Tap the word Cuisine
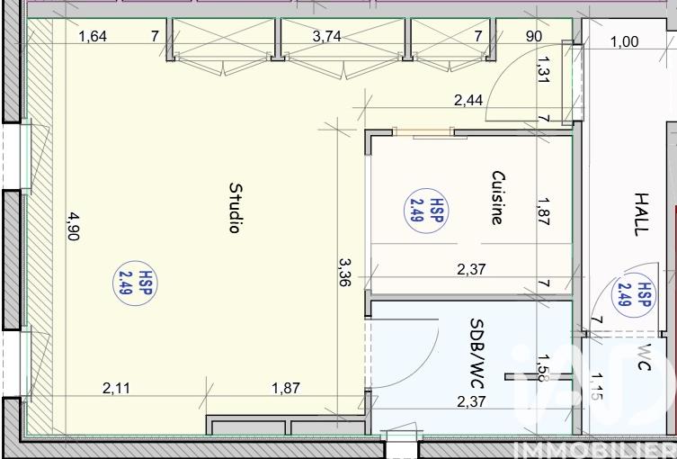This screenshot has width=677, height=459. pos(498,197)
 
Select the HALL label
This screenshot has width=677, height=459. pos(640,213)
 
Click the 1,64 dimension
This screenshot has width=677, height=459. pos(93,37)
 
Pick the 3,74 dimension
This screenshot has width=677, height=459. pos(327,37)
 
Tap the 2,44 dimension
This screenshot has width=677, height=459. pos(468,101)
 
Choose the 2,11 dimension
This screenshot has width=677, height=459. pos(117,389)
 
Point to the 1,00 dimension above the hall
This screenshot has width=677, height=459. pos(624,41)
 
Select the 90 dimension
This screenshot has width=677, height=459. pos(533,37)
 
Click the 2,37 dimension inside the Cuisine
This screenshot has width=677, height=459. pos(471,268)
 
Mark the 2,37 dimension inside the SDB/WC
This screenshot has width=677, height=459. pos(471,402)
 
